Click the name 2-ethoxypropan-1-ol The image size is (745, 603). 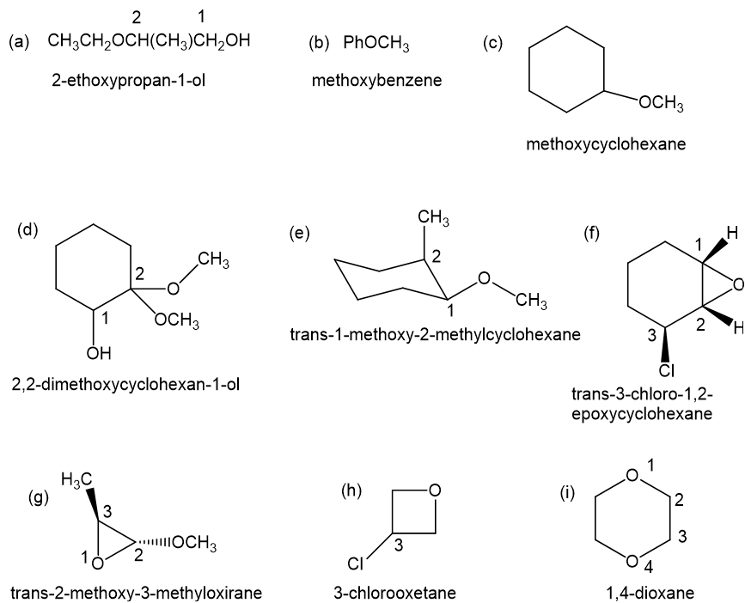(129, 81)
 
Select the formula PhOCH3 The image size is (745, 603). (376, 44)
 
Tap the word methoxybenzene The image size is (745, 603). (376, 81)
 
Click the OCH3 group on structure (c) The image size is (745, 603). (661, 103)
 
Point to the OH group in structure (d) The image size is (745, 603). (99, 353)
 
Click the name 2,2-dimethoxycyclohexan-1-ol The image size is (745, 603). (125, 384)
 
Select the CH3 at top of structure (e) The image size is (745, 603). (433, 218)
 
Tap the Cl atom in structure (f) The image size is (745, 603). (667, 370)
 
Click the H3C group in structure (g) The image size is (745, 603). (76, 480)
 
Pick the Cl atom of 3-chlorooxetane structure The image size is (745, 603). (356, 563)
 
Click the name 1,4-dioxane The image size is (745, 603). (650, 593)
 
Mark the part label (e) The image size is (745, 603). (299, 234)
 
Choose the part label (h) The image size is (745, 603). (351, 490)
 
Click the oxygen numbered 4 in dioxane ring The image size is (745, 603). (632, 561)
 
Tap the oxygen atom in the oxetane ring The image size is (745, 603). (435, 490)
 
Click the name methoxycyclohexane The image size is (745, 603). (606, 143)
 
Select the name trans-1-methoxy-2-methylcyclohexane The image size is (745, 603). (435, 335)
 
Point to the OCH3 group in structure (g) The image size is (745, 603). (194, 543)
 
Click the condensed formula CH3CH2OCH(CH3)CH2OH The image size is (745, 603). (149, 41)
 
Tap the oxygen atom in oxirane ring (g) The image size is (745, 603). (98, 563)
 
